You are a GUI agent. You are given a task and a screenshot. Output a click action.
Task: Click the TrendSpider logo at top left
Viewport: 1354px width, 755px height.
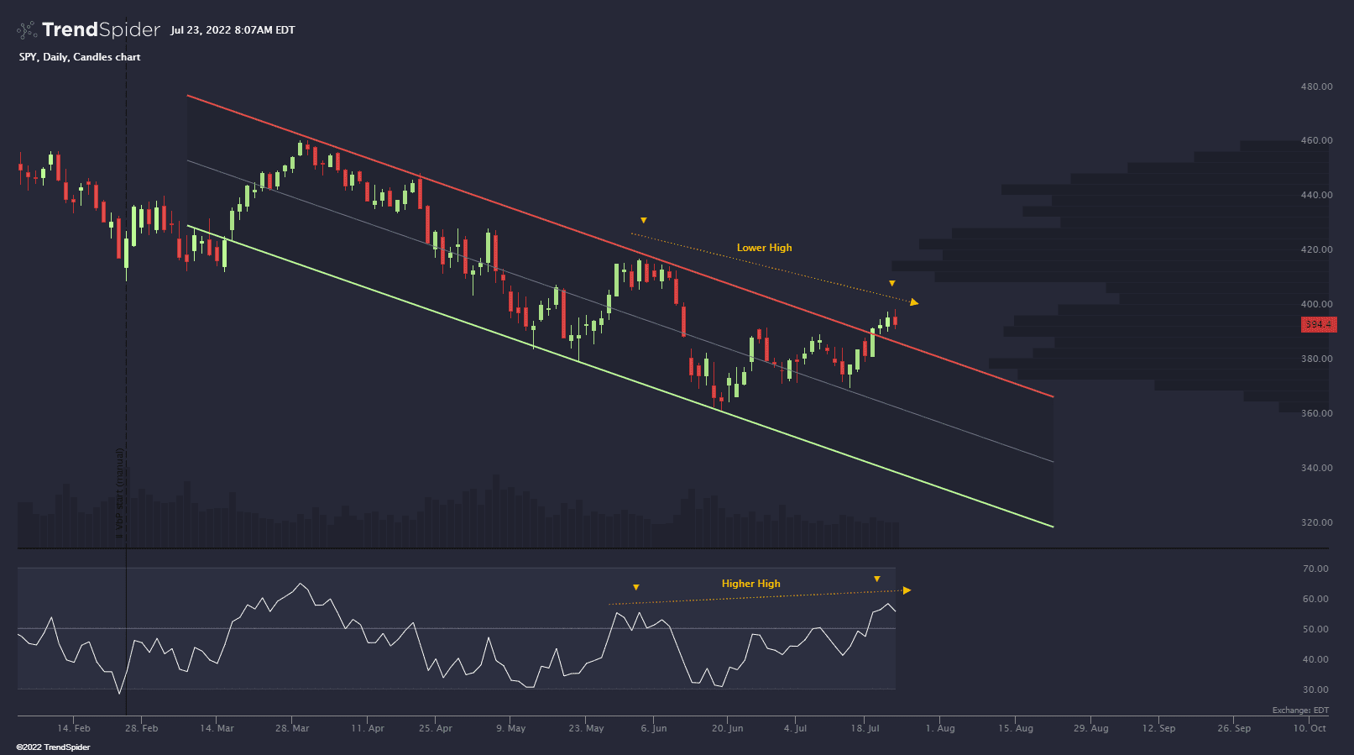click(x=88, y=30)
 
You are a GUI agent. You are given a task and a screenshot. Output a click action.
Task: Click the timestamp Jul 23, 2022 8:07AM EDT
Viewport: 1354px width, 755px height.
click(x=233, y=30)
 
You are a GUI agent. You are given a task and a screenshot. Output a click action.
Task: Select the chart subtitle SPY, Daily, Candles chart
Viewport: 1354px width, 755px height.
click(x=80, y=57)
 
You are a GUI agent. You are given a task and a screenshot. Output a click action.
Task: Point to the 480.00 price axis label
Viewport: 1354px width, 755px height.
click(x=1316, y=87)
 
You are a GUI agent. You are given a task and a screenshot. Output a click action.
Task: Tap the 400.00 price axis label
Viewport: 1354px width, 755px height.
click(x=1316, y=304)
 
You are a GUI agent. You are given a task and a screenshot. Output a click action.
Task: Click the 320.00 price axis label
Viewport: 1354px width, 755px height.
click(x=1316, y=522)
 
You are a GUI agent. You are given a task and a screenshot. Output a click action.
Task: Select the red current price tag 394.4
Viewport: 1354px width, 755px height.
click(x=1318, y=325)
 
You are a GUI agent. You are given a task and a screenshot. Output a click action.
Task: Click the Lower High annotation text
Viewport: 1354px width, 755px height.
click(x=764, y=248)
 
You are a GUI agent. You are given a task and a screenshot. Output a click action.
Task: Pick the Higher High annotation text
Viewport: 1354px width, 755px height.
click(x=750, y=584)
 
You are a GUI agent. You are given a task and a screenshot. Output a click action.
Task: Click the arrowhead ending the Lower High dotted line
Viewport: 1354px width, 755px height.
click(x=914, y=302)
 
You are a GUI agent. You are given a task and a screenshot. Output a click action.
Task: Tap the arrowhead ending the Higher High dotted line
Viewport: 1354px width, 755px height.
click(x=907, y=590)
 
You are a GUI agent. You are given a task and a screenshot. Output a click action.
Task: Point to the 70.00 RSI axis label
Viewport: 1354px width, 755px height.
click(x=1315, y=569)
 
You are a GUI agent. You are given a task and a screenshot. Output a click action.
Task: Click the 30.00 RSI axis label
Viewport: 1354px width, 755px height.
click(x=1315, y=689)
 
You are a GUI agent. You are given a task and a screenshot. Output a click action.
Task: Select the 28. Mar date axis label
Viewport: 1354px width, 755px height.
click(x=292, y=728)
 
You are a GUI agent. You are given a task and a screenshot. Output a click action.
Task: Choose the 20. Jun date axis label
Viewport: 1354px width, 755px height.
click(x=727, y=728)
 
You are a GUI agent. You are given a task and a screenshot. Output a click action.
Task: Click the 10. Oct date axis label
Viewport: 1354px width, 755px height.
click(x=1310, y=728)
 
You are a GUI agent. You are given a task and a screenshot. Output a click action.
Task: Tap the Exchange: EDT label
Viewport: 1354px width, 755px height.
click(x=1300, y=710)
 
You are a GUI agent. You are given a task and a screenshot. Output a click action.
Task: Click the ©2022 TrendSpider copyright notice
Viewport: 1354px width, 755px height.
click(x=53, y=747)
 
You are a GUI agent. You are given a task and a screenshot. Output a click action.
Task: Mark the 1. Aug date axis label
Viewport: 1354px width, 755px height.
click(x=940, y=728)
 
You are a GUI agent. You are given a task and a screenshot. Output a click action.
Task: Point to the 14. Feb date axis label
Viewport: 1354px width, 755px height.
click(x=74, y=728)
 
